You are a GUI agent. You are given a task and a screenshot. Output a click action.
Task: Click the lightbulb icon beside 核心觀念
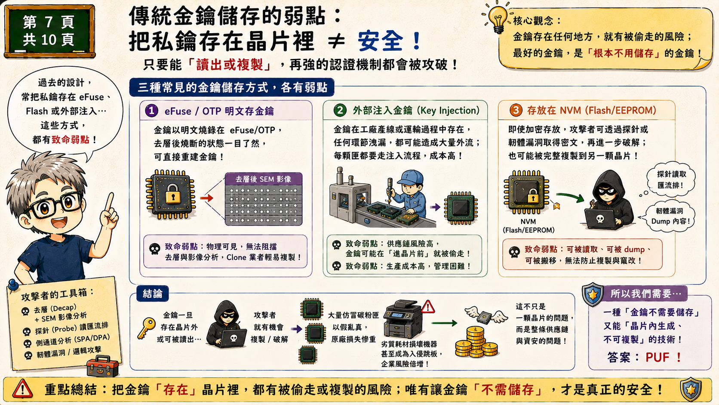click(497, 18)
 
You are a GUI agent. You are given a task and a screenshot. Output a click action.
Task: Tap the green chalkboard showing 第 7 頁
click(49, 31)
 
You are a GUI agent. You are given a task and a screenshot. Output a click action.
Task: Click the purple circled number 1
click(151, 111)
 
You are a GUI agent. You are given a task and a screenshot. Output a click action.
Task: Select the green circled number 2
click(340, 110)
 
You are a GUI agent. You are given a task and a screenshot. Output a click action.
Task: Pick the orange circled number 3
click(516, 110)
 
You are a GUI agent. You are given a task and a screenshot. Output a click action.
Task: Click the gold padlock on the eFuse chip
click(173, 194)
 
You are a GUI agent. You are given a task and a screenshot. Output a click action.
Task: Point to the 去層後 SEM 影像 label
click(264, 179)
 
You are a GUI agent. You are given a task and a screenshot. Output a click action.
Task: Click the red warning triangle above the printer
click(427, 307)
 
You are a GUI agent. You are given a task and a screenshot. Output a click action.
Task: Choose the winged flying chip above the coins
click(486, 315)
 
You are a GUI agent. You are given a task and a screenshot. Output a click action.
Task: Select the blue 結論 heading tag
click(153, 294)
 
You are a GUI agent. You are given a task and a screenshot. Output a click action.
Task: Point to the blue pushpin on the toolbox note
click(13, 285)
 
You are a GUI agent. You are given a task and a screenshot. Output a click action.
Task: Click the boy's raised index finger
click(110, 202)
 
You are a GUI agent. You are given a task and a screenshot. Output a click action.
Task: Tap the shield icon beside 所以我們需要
click(593, 294)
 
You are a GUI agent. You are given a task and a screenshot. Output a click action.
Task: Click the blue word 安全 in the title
click(381, 41)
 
